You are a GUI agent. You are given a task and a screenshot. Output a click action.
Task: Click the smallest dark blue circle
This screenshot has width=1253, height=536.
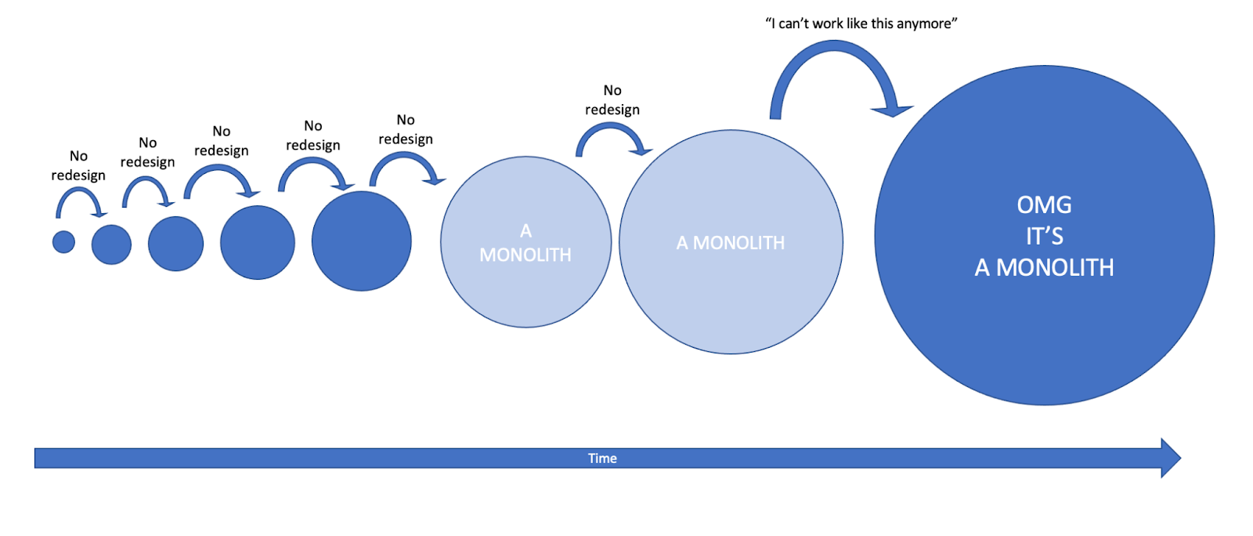[63, 242]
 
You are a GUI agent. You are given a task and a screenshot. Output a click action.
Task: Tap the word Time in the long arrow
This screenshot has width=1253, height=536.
[602, 458]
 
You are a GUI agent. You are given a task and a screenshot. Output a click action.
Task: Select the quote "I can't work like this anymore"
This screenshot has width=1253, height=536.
[861, 24]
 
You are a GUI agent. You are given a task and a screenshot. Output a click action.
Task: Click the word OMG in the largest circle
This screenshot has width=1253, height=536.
[1044, 205]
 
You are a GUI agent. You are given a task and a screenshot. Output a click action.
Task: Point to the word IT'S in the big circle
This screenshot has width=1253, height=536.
[1044, 236]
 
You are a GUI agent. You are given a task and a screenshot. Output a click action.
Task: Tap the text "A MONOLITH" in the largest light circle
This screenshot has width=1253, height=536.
[730, 243]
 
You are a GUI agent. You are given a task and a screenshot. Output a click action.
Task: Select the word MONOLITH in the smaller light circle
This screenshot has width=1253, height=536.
[525, 255]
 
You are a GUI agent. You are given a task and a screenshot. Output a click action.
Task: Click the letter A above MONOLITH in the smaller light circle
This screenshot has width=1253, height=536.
[525, 231]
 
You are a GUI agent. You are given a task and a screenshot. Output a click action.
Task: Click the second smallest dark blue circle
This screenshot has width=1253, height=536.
[111, 244]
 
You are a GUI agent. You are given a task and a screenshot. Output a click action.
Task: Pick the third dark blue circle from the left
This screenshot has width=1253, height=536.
[175, 244]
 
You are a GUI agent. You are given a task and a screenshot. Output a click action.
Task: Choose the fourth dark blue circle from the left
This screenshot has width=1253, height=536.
[257, 242]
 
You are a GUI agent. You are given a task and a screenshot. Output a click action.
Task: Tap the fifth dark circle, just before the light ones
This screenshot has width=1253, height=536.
[361, 241]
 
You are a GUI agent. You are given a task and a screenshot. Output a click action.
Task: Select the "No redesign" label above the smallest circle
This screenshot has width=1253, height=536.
[78, 165]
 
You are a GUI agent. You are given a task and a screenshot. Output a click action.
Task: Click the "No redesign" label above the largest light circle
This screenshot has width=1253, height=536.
[612, 100]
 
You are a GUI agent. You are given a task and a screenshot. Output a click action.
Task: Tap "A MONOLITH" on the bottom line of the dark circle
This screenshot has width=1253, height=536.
[1044, 268]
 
